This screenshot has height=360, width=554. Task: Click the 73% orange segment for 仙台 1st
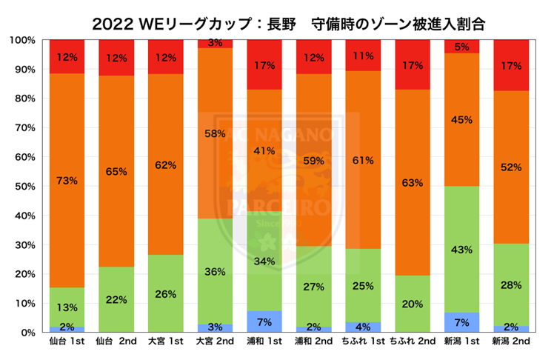pos(67,180)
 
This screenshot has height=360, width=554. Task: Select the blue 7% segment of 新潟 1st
pos(461,322)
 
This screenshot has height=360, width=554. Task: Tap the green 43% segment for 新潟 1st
pos(461,249)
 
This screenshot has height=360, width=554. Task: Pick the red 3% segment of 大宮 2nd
pos(215,44)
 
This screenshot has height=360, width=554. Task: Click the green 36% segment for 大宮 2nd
pos(215,270)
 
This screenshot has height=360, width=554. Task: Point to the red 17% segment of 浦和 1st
pos(264,64)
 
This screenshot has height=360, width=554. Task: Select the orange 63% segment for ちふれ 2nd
pos(412,182)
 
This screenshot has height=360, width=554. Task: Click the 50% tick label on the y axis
pos(24,186)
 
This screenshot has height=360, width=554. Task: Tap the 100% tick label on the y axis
pos(22,40)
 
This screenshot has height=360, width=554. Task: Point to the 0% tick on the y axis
pos(27,333)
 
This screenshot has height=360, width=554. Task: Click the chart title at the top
pos(278,21)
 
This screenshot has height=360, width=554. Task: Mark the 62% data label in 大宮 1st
pos(166,165)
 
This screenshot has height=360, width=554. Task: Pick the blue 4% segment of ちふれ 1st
pos(363,327)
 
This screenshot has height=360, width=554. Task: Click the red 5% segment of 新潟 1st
pos(461,46)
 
